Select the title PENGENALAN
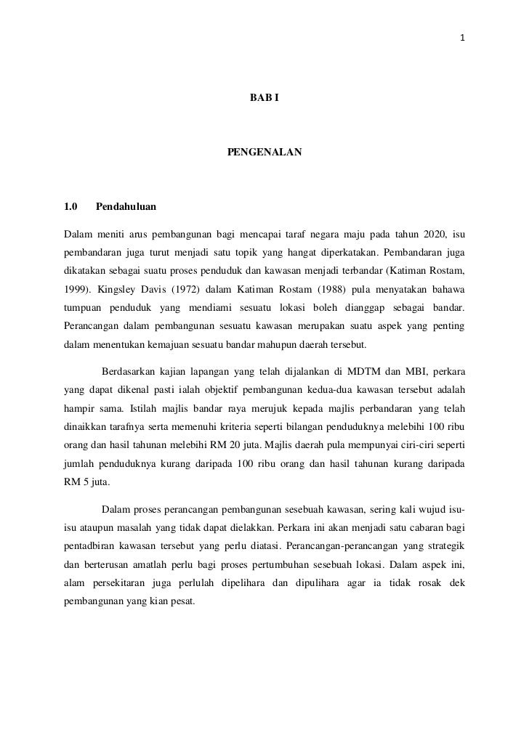[x=264, y=153]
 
